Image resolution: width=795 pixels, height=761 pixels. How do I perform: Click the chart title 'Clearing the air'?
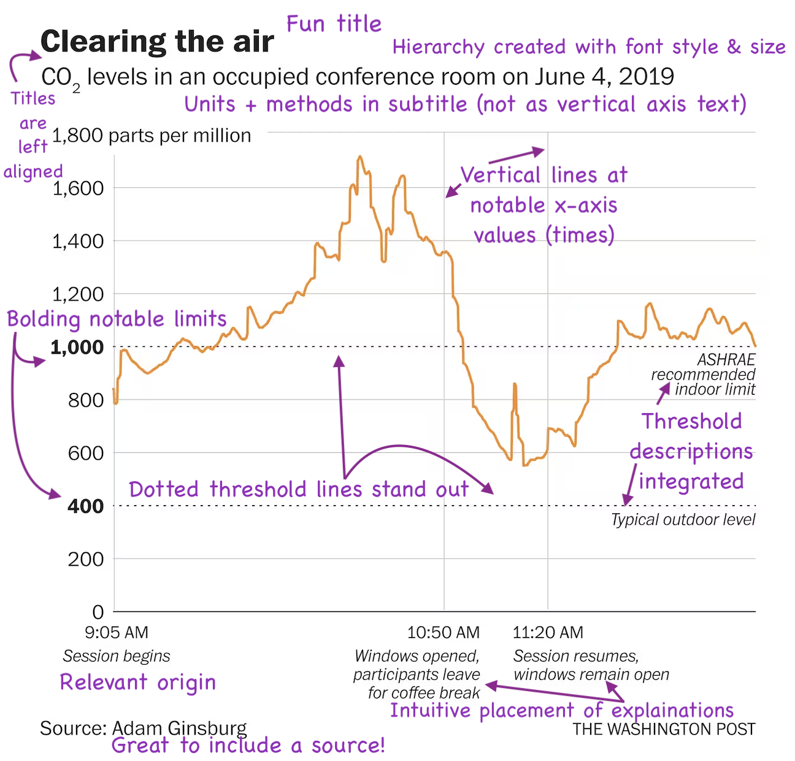(x=157, y=42)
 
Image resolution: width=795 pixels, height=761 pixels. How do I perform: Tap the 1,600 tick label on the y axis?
(x=78, y=188)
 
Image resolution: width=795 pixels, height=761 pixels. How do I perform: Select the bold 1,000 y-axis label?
(x=77, y=347)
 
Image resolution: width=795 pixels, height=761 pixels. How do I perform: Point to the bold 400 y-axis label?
(x=85, y=506)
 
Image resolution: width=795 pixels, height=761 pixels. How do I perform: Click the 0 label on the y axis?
(x=98, y=612)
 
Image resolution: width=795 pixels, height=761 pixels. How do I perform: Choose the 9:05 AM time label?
(x=117, y=632)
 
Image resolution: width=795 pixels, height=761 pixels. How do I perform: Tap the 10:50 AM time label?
(x=444, y=632)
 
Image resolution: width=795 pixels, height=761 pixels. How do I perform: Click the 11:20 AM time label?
(x=548, y=632)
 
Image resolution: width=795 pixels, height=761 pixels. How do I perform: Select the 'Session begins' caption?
(x=117, y=656)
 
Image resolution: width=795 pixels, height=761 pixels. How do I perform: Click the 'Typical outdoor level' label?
(x=683, y=520)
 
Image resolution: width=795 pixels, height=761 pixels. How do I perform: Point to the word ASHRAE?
(x=726, y=360)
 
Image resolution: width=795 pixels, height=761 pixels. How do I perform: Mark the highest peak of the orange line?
(x=360, y=157)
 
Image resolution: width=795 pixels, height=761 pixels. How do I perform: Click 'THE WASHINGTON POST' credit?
(x=664, y=729)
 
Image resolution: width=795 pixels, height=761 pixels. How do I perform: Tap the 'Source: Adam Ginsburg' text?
(x=144, y=728)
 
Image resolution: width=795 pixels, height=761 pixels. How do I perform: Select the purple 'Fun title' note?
(x=334, y=25)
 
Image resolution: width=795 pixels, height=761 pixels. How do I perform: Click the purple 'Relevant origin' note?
(x=138, y=682)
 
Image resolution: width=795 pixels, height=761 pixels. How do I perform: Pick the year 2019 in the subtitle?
(x=647, y=77)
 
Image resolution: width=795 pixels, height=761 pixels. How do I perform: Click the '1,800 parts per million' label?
(x=152, y=136)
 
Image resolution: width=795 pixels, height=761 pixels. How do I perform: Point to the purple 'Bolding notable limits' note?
(x=117, y=319)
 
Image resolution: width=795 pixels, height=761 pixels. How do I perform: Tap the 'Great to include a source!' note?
(x=248, y=746)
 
